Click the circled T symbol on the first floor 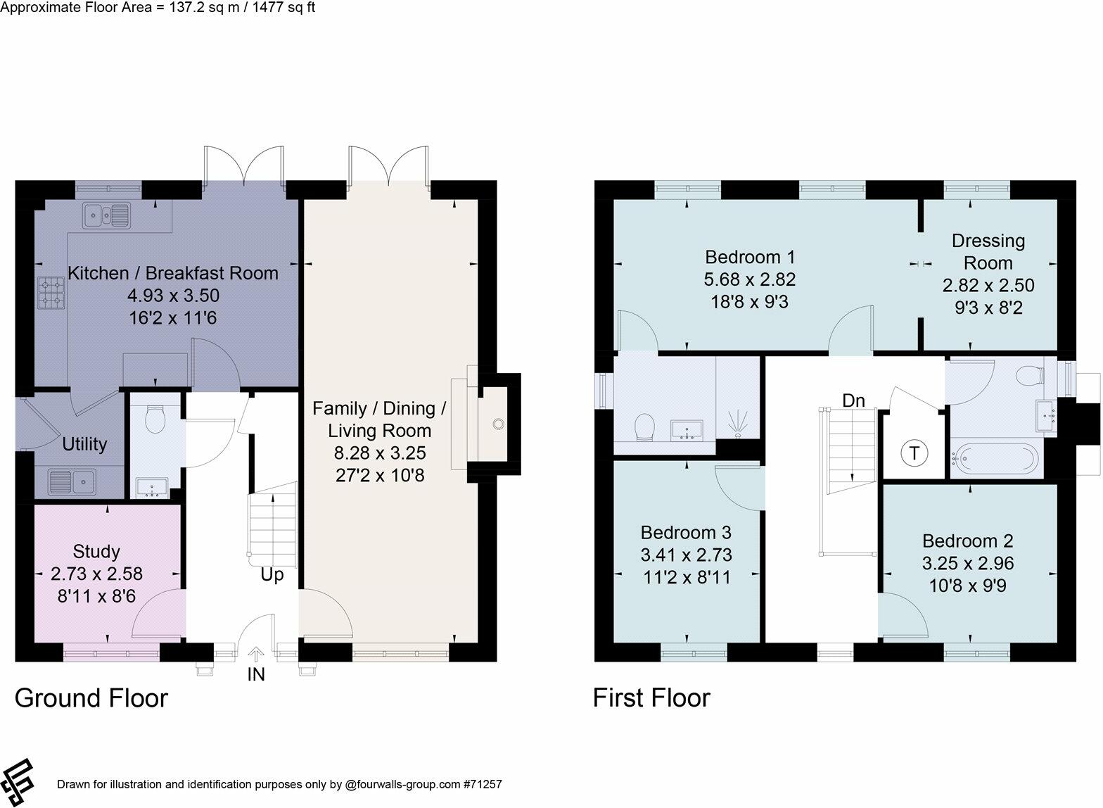tap(914, 453)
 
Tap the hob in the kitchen tap(52, 293)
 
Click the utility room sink tap(72, 481)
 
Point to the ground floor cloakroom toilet tap(155, 419)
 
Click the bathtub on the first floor tap(995, 459)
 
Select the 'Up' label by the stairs tap(272, 575)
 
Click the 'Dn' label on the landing tap(853, 400)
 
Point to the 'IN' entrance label tap(256, 674)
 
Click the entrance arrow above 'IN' tap(256, 655)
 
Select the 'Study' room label tap(96, 552)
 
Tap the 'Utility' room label tap(84, 444)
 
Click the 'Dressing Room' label tap(988, 252)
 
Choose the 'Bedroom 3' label tap(686, 533)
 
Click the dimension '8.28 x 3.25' tap(380, 453)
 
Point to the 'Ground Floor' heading tap(91, 698)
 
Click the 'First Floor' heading tap(651, 697)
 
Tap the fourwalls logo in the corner tap(17, 782)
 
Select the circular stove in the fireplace tap(499, 424)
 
